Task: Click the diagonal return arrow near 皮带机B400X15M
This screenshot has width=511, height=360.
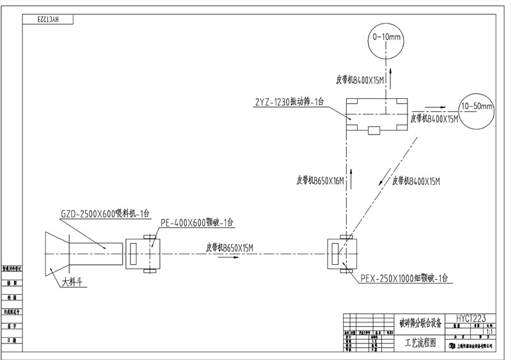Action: pos(382,181)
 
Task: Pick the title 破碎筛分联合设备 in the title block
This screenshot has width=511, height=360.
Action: pos(420,323)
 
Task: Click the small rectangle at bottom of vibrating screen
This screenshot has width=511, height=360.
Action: pos(374,131)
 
